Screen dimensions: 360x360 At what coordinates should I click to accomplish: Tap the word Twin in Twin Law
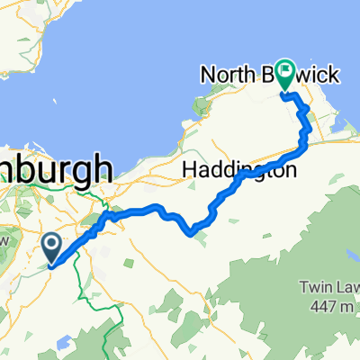point(313,288)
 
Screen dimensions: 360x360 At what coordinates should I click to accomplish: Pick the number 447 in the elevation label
point(319,304)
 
